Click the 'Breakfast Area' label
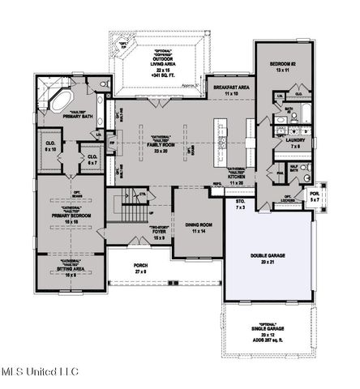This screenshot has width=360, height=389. (x=232, y=89)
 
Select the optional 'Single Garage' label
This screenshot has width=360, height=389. (x=265, y=331)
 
